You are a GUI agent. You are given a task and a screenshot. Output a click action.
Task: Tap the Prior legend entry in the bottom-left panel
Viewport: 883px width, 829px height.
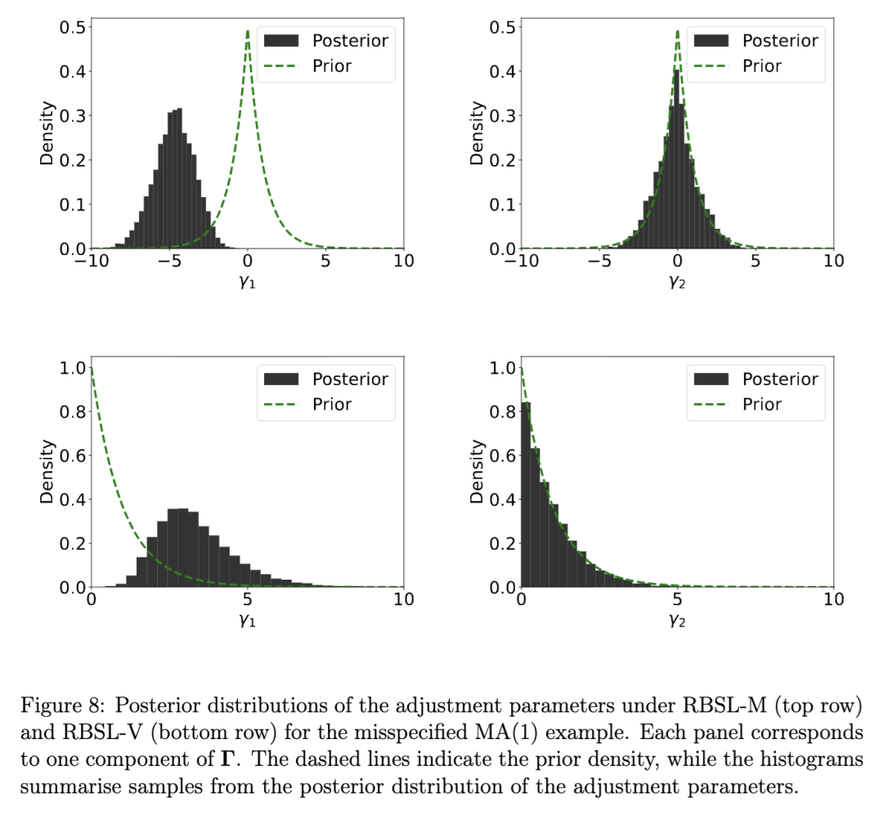click(331, 404)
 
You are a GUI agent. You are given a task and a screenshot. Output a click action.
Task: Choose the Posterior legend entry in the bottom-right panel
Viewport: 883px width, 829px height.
click(780, 379)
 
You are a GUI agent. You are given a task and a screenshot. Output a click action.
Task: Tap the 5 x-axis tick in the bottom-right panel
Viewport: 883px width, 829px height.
click(678, 600)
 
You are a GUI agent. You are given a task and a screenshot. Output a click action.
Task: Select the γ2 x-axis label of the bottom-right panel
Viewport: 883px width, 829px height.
click(677, 621)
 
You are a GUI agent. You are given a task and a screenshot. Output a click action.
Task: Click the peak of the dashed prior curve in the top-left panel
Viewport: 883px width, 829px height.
click(248, 33)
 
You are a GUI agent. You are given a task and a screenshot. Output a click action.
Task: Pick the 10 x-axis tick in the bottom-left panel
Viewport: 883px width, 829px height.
click(404, 600)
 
